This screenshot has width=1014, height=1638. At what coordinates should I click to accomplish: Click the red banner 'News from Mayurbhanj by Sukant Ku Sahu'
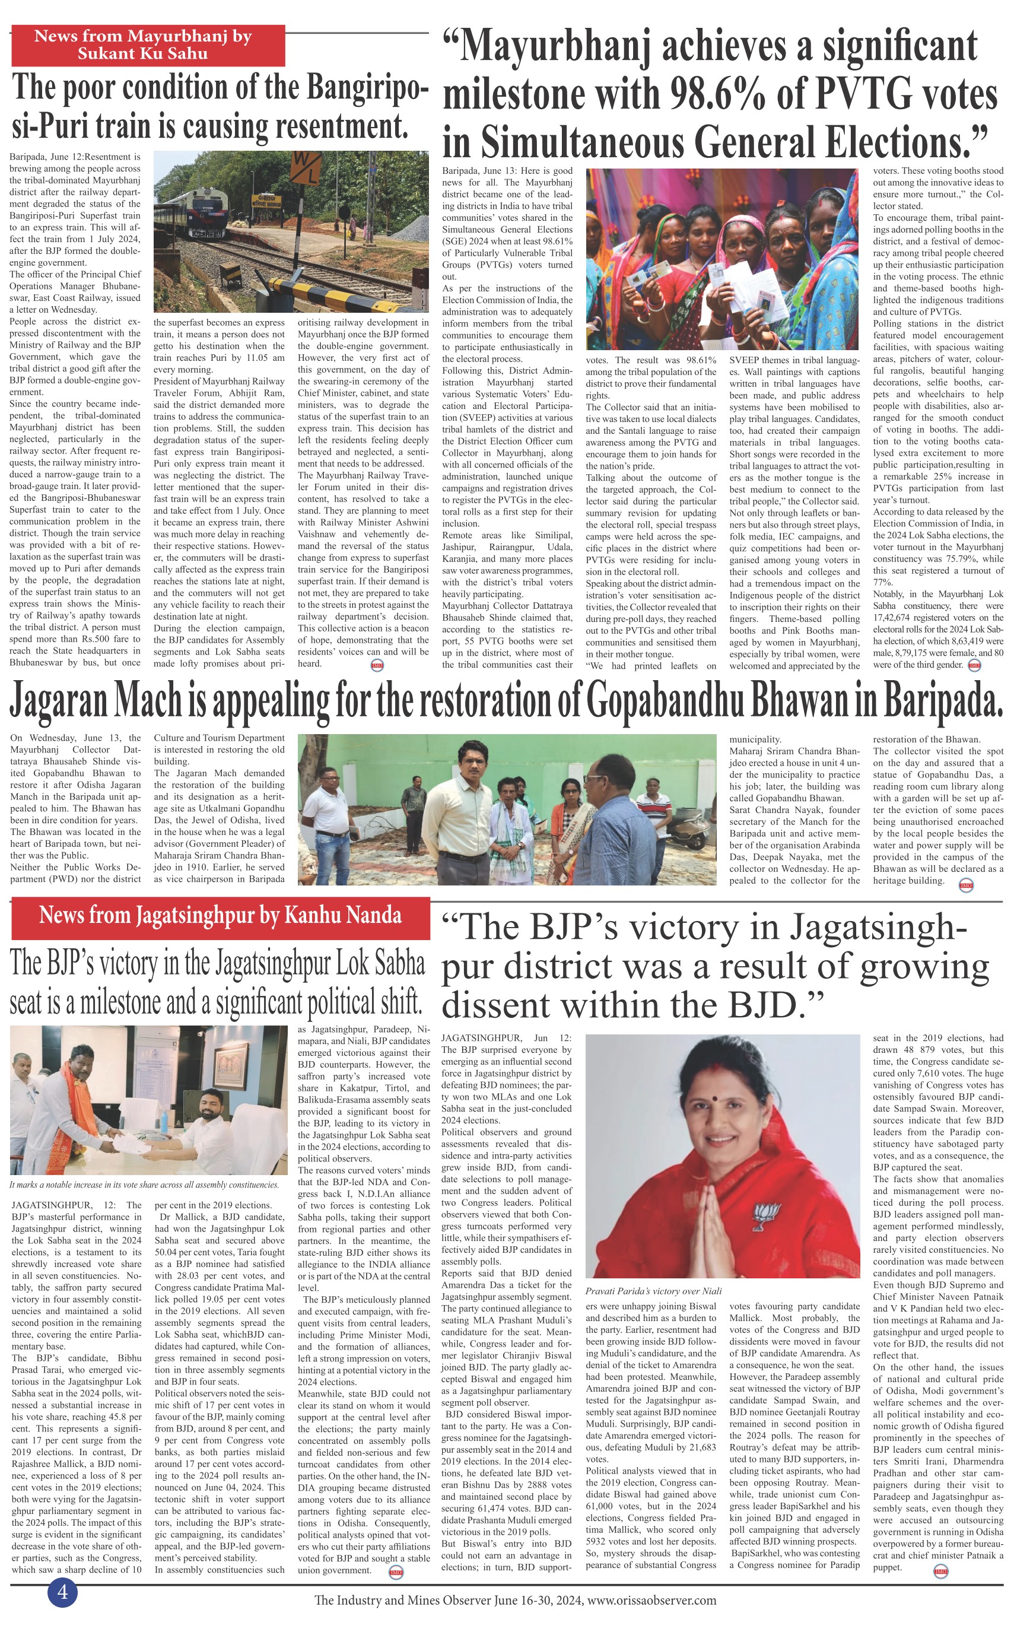click(148, 46)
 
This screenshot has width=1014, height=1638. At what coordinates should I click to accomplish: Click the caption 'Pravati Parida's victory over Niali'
click(653, 1291)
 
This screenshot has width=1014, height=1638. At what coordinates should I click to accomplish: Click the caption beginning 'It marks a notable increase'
click(144, 1185)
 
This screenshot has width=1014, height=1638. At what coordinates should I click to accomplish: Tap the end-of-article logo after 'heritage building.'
click(966, 885)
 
